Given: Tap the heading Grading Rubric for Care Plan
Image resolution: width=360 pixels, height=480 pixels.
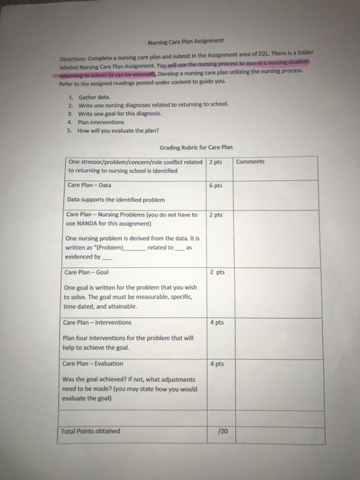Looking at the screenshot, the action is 196,147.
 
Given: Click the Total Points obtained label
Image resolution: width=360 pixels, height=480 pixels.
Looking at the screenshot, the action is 91,431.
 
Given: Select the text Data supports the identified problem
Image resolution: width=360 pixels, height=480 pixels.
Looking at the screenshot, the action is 116,200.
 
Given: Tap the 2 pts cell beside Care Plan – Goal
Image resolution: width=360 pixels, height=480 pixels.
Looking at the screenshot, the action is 216,272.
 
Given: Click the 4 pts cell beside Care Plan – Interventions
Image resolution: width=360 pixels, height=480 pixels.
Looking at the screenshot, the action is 216,323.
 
